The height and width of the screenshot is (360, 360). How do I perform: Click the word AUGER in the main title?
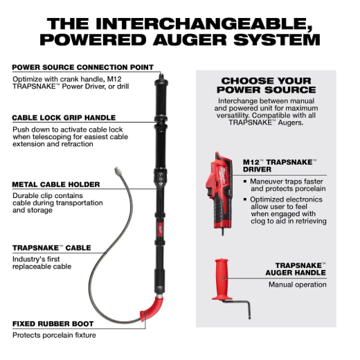tap(190, 39)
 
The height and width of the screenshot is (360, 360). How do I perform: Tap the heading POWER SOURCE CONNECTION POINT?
tap(83, 67)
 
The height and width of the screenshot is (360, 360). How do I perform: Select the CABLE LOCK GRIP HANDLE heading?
tap(64, 118)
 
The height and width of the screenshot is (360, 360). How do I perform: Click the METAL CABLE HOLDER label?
tap(56, 184)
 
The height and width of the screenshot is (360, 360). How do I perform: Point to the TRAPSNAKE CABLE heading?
tap(52, 248)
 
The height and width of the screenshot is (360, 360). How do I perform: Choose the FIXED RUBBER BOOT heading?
tap(53, 324)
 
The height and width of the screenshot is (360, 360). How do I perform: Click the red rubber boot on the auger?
tap(151, 309)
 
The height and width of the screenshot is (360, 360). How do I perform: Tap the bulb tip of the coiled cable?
tap(118, 171)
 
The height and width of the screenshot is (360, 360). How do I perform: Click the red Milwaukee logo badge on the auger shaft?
tap(161, 229)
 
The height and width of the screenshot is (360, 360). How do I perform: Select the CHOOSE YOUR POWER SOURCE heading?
tap(267, 85)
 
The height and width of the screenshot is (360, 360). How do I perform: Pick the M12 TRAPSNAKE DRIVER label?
tap(280, 165)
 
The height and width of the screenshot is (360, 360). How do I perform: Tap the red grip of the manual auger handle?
tap(222, 279)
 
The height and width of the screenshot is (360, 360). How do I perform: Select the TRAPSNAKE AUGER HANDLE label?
tap(296, 269)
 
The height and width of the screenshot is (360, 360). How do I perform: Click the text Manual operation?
tap(298, 285)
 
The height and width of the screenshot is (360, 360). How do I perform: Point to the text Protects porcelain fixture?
tap(54, 335)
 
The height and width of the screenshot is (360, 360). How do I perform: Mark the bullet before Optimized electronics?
tap(245, 199)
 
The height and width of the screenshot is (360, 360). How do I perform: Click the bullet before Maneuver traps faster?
tap(245, 181)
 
